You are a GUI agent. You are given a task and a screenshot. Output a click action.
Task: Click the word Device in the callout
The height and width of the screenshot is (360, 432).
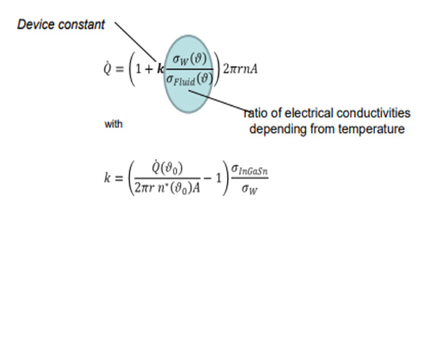point(37,24)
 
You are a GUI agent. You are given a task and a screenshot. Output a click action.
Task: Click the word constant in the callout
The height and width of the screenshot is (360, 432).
point(82,24)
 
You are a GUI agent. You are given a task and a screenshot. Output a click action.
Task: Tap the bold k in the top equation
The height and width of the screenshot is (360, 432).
point(161,69)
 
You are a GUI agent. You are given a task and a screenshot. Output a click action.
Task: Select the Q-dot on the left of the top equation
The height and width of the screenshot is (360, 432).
point(107,68)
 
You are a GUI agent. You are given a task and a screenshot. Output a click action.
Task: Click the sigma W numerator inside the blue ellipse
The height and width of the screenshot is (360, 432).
point(189,59)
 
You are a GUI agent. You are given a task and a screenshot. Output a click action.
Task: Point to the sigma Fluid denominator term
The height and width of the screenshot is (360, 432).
point(189,79)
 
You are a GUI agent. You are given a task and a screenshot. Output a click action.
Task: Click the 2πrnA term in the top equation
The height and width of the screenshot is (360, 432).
point(240,69)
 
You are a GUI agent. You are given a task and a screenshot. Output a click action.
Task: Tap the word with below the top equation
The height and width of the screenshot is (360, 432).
point(114,125)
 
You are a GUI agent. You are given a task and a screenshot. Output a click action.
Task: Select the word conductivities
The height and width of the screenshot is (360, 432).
point(374,113)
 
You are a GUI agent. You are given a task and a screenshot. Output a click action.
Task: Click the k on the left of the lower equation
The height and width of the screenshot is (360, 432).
point(107,178)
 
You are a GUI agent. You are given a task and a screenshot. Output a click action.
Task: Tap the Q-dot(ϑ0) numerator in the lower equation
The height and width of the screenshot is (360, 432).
point(167,168)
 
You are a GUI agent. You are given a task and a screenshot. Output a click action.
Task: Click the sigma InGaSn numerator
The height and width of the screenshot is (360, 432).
point(249,169)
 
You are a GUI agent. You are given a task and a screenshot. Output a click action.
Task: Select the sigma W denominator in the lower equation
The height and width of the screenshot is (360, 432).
point(250,189)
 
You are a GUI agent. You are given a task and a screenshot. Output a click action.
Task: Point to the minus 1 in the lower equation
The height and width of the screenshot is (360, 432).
point(213,179)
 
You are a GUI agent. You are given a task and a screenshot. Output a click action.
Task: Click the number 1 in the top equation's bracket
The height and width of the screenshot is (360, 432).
point(138,69)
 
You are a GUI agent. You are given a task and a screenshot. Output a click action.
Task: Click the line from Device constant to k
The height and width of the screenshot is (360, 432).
point(135,41)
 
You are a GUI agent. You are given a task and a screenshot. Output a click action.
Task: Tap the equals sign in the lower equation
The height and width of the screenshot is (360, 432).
point(119,179)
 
